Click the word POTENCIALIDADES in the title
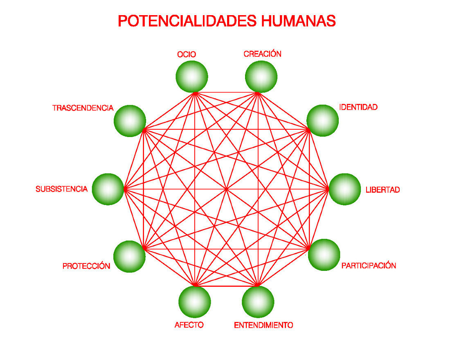[x=187, y=21]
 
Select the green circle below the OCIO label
[x=192, y=76]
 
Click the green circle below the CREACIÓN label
[x=261, y=76]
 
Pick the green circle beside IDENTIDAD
[x=323, y=121]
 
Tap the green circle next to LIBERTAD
[x=345, y=189]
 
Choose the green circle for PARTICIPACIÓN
[x=324, y=254]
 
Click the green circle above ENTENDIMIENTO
[x=258, y=302]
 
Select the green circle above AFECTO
[x=195, y=302]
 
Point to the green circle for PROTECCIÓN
[x=129, y=256]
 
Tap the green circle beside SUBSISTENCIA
[x=108, y=189]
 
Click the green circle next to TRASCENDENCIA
[x=130, y=121]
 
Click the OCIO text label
[x=187, y=54]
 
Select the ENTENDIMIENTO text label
[x=263, y=325]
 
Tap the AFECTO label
[x=189, y=325]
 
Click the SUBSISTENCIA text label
[x=61, y=189]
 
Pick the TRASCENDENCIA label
[x=83, y=108]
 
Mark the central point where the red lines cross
[x=227, y=189]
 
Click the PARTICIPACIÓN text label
[x=369, y=265]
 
